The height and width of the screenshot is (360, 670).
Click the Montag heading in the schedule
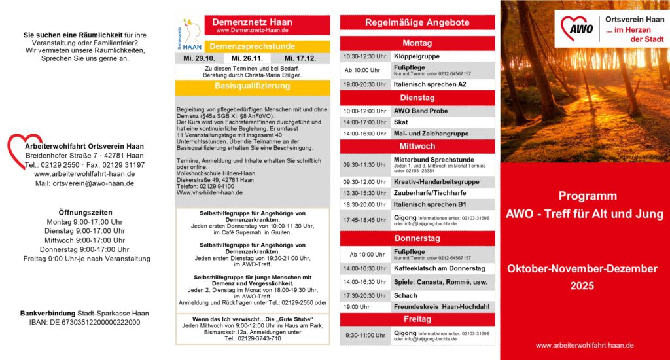tap(417, 43)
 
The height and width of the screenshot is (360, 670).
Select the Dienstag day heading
tap(417, 98)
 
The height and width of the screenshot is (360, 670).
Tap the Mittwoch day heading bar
tap(417, 147)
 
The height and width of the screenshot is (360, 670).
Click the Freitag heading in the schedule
tap(417, 319)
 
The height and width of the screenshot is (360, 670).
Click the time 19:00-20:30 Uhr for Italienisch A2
tap(364, 84)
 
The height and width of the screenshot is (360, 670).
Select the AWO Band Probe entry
tap(421, 111)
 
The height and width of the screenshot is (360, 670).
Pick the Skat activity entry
tap(401, 122)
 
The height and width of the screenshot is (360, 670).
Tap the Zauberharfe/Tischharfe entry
tap(430, 193)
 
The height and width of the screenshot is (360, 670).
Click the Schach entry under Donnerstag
tap(406, 295)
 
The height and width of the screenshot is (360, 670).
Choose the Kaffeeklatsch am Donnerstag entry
tap(439, 268)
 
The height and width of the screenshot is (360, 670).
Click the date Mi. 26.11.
tap(247, 58)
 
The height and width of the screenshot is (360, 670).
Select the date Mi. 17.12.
tap(300, 58)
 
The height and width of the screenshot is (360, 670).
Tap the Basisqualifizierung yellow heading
tap(252, 86)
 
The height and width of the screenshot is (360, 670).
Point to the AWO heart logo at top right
tap(576, 28)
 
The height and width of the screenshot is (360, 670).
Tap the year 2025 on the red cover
tap(582, 285)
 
